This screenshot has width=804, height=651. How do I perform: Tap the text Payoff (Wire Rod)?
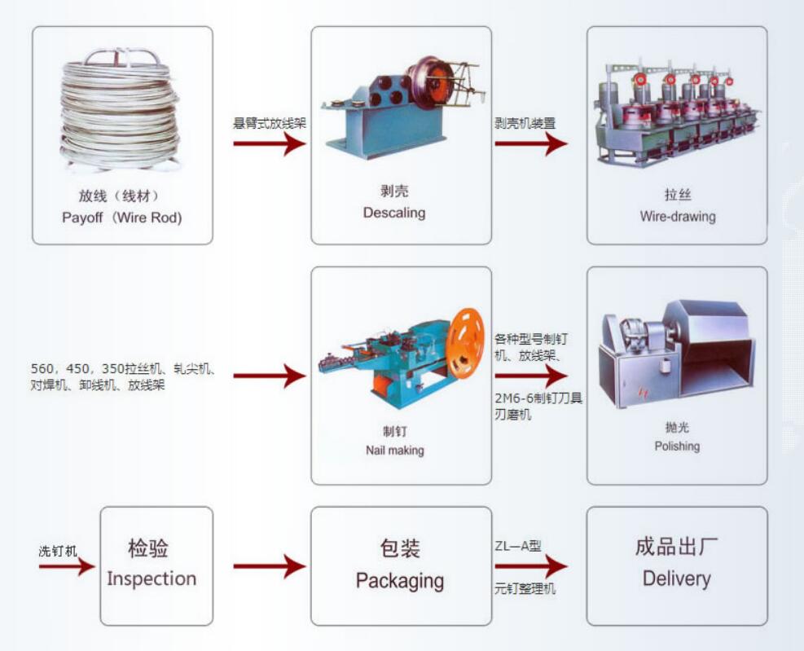(x=121, y=218)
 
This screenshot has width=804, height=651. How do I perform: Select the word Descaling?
(x=394, y=213)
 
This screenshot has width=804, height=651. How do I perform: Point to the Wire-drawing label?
(x=677, y=217)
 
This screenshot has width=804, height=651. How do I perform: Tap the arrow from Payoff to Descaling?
(x=269, y=143)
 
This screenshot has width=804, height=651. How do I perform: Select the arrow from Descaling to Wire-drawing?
(x=530, y=143)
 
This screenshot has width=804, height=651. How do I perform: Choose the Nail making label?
(x=395, y=450)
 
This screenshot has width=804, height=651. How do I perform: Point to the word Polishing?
(x=677, y=446)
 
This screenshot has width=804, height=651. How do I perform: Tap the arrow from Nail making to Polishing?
(x=530, y=376)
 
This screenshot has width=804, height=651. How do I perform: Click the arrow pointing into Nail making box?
(x=269, y=376)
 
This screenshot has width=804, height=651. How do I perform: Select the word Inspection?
(x=152, y=579)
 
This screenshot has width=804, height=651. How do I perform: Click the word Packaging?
(x=400, y=581)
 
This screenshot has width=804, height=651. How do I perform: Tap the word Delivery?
(x=676, y=579)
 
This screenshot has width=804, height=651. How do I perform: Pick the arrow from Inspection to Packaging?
(x=269, y=565)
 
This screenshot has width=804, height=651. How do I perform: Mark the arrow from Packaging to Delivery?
(x=530, y=565)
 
